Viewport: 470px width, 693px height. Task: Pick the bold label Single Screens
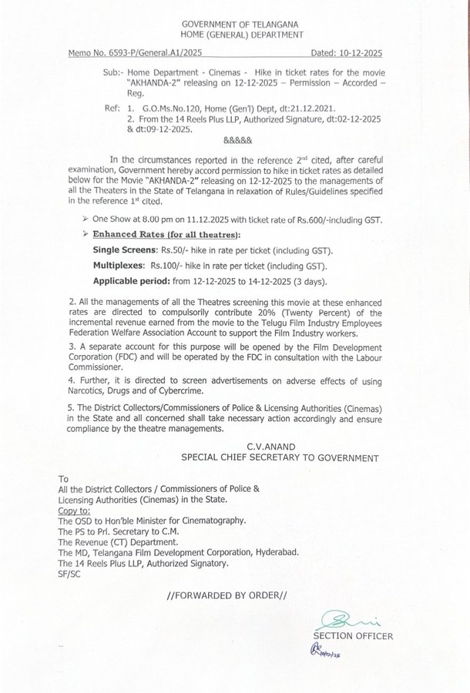tap(125, 251)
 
